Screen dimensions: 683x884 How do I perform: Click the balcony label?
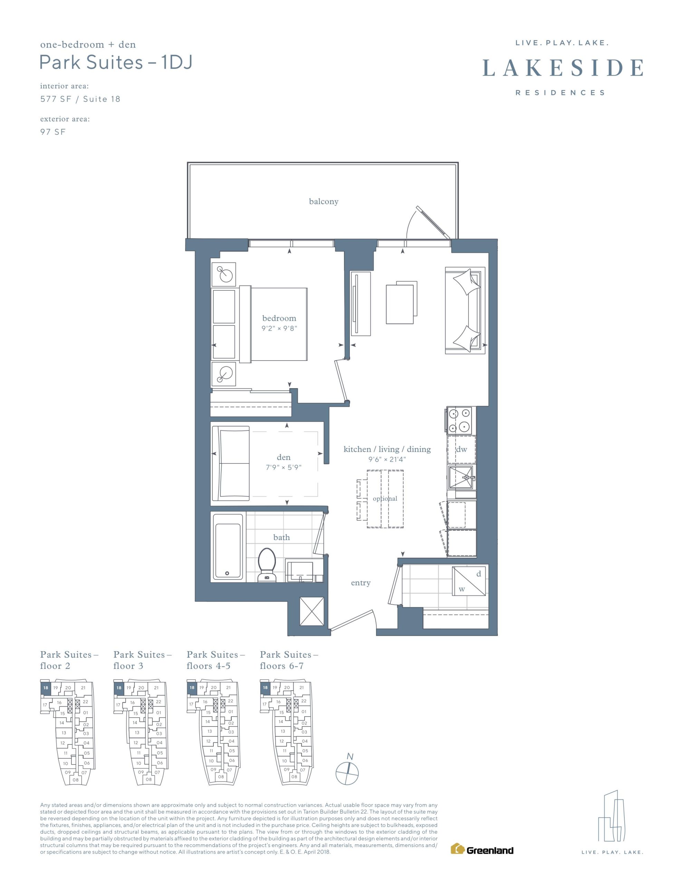tap(324, 202)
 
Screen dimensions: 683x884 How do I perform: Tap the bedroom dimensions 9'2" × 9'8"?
tap(279, 328)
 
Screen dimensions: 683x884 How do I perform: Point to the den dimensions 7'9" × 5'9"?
tap(283, 468)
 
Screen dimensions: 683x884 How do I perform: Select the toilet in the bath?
tap(267, 565)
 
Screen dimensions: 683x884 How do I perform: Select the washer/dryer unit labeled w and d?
tap(469, 581)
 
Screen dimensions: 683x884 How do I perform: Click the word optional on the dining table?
tap(385, 498)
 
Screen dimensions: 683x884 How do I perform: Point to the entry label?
tap(361, 583)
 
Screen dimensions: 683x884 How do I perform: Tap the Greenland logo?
tap(482, 849)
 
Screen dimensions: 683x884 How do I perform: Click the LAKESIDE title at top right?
tap(563, 68)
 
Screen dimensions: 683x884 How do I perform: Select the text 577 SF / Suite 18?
tap(80, 99)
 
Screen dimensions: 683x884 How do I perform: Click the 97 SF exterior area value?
tap(52, 132)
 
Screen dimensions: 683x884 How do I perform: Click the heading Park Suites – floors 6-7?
tap(289, 660)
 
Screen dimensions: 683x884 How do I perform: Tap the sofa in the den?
tap(231, 463)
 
